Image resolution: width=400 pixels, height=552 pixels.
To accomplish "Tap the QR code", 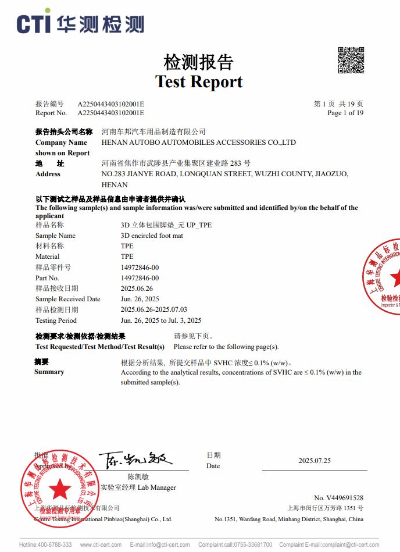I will [x=351, y=60].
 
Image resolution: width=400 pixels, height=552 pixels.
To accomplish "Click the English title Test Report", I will [x=199, y=81].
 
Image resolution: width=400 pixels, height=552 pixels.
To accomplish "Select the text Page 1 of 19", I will [x=345, y=113].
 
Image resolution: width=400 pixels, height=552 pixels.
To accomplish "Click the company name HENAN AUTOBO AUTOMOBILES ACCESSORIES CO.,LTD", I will [x=199, y=143].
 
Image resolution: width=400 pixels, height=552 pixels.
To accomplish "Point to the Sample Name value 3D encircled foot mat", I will [x=152, y=236].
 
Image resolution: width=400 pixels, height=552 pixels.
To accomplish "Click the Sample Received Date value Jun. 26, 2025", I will [x=140, y=299].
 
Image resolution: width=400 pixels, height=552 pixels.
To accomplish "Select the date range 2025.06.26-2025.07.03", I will [x=154, y=309].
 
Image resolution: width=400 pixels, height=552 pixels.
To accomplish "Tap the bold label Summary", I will [x=49, y=372].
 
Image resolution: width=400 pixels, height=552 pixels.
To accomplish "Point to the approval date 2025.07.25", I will [x=315, y=461].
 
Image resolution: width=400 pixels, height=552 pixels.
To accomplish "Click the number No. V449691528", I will [x=338, y=498].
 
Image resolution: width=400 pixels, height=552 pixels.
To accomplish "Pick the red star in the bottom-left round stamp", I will [x=59, y=489].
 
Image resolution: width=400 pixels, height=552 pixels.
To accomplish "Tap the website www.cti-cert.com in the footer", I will [x=101, y=545].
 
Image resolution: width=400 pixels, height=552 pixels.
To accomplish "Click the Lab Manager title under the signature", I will [x=138, y=487].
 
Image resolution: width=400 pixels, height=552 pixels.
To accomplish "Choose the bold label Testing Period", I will [x=56, y=320].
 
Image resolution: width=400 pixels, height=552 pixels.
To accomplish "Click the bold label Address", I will [x=48, y=174].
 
